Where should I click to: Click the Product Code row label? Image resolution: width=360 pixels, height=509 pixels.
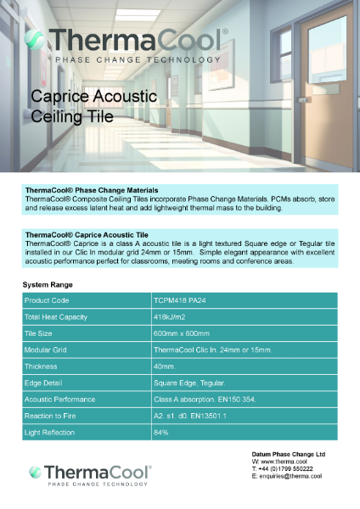(47, 300)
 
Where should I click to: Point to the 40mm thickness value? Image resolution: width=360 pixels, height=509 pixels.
(164, 366)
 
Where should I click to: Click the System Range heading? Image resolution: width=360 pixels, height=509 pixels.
(47, 284)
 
